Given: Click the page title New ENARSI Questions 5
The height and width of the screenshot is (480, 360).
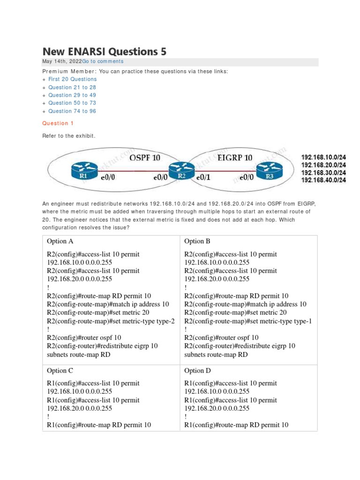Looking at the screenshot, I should (104, 51).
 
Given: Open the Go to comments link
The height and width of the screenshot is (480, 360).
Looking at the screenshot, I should (103, 61).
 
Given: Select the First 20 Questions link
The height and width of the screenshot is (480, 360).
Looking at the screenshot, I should (72, 79).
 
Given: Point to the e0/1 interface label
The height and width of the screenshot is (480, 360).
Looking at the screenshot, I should (205, 178).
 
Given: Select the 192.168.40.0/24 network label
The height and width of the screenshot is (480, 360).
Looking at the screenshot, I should (323, 180).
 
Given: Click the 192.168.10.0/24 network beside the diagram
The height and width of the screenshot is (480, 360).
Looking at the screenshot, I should (323, 157).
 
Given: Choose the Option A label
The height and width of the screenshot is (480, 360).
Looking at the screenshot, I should (60, 241).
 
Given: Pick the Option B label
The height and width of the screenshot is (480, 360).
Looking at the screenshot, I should (197, 241).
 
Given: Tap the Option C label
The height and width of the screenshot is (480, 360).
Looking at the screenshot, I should (60, 371).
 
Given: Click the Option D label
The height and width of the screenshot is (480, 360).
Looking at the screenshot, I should (197, 371).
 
